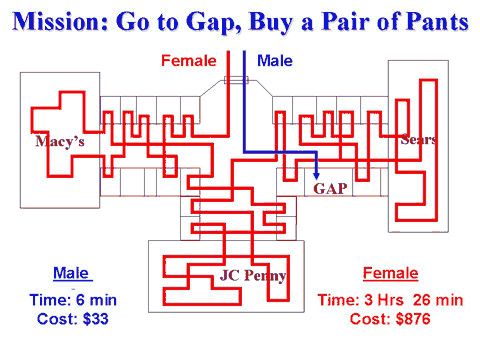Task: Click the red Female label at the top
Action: (x=188, y=61)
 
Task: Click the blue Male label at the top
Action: (x=275, y=61)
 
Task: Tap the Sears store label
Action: (x=417, y=139)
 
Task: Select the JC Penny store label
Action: (x=253, y=275)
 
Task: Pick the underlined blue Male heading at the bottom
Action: (x=71, y=273)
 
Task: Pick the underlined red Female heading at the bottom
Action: (x=391, y=273)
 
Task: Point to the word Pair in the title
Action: (x=351, y=20)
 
